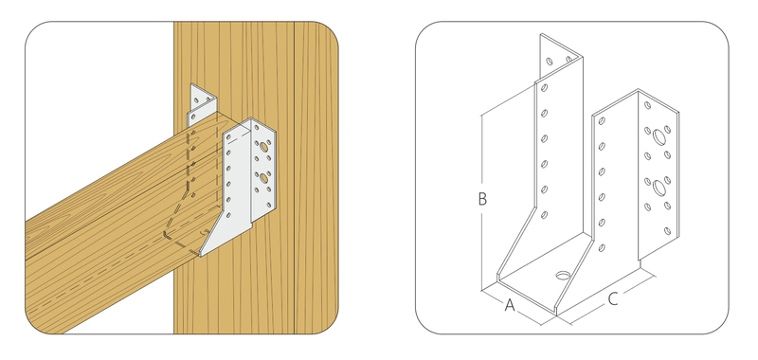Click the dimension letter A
tap(510, 305)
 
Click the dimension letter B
tap(482, 199)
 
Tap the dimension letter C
tap(612, 299)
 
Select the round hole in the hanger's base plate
tap(563, 276)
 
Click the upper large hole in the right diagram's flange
tap(659, 137)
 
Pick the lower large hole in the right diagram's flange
tap(659, 187)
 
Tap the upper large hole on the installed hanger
tap(264, 147)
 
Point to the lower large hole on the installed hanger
tap(264, 178)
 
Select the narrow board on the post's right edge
tap(316, 178)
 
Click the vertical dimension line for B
tap(481, 203)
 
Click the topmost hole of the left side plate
tap(544, 88)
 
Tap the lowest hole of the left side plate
tap(544, 214)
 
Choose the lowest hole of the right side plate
tap(602, 248)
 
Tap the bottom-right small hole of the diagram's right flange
tap(668, 231)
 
